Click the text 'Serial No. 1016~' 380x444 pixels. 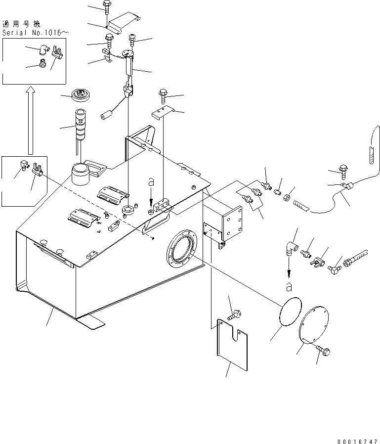35,32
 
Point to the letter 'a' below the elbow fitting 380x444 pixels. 289,286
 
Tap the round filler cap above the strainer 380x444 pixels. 80,94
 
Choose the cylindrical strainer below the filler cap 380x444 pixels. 81,127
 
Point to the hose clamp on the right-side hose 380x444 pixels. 347,186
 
